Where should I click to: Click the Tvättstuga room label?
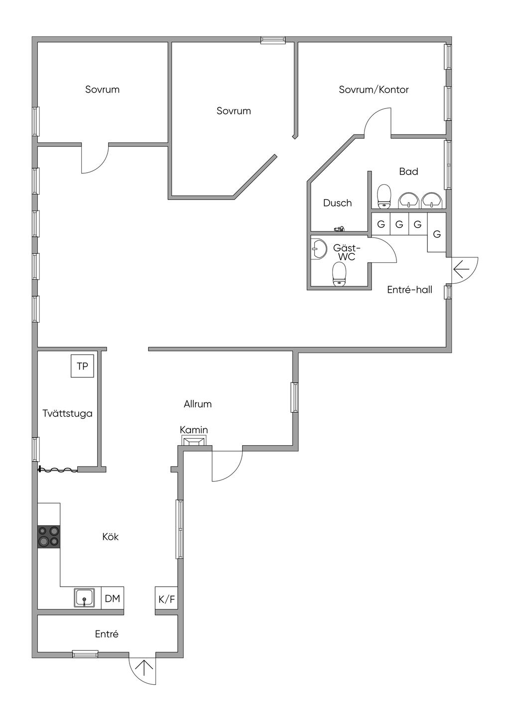(67, 413)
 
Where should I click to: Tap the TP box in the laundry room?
(82, 366)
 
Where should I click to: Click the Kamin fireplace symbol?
(194, 441)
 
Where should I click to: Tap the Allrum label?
(198, 404)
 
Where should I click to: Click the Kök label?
(111, 537)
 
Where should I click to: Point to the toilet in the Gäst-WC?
(339, 274)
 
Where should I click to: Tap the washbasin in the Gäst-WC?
(319, 249)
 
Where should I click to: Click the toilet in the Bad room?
(384, 196)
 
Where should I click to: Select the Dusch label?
(337, 203)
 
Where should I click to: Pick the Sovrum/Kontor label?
(374, 89)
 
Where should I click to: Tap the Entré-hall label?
(409, 290)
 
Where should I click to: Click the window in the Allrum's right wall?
(294, 397)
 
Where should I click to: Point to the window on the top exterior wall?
(273, 40)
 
